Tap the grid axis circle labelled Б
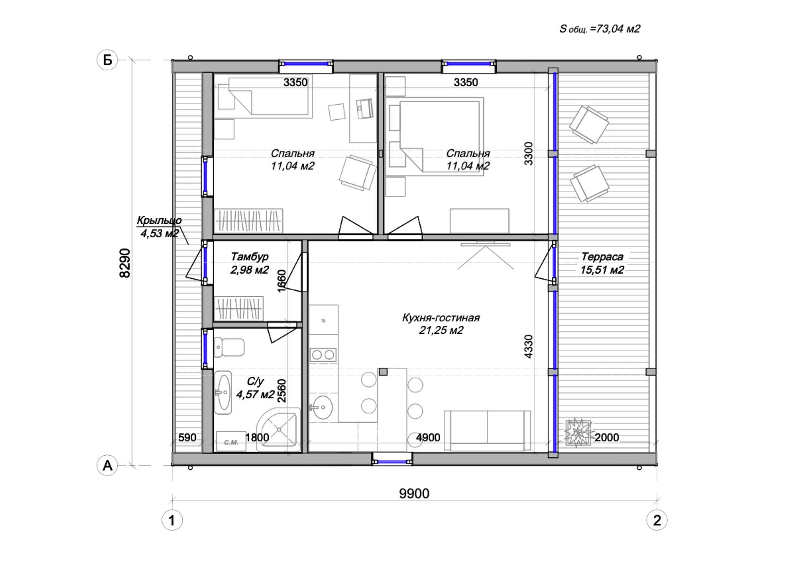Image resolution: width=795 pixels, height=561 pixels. [x=107, y=60]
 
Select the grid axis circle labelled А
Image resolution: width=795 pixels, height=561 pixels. [x=107, y=465]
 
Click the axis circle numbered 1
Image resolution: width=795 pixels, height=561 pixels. [x=172, y=520]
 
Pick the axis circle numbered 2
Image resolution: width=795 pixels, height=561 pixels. [x=657, y=520]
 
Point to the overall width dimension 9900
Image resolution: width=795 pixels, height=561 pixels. [x=414, y=493]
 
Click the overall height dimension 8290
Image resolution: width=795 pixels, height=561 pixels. [x=125, y=263]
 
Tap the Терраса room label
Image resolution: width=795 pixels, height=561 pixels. [x=602, y=257]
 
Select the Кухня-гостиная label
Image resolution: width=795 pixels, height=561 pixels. [x=441, y=317]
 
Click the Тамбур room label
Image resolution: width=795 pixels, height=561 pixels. [x=249, y=257]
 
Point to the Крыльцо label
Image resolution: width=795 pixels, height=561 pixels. [x=159, y=220]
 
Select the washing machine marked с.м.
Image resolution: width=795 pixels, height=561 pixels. [x=231, y=442]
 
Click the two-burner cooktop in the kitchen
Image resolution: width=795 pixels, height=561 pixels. [x=323, y=354]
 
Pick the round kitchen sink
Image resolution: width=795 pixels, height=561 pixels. [x=322, y=407]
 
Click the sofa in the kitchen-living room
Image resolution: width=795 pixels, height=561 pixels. [x=487, y=431]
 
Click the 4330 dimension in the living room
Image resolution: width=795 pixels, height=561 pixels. [x=529, y=346]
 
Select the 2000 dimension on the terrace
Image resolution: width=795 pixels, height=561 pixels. [x=607, y=437]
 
